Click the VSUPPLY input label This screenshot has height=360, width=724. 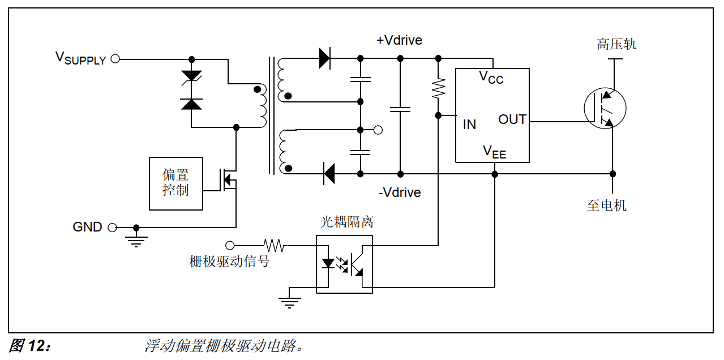pyautogui.click(x=80, y=58)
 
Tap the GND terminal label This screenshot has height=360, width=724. pyautogui.click(x=87, y=227)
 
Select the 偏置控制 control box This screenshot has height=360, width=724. pyautogui.click(x=175, y=183)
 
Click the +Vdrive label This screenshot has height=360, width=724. pyautogui.click(x=399, y=40)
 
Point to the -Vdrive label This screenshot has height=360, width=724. pyautogui.click(x=399, y=192)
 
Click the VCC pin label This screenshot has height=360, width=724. pyautogui.click(x=491, y=77)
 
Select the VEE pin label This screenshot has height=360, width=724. pyautogui.click(x=494, y=152)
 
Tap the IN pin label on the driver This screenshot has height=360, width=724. pyautogui.click(x=469, y=125)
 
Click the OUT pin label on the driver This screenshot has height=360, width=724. pyautogui.click(x=512, y=119)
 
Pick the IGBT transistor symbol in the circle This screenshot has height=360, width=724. pyautogui.click(x=605, y=109)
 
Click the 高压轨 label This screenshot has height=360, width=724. pyautogui.click(x=616, y=44)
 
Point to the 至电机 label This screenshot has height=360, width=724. pyautogui.click(x=607, y=205)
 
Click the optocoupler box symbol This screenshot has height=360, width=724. pyautogui.click(x=344, y=264)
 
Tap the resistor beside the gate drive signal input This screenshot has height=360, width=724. pyautogui.click(x=275, y=245)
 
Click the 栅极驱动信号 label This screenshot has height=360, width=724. pyautogui.click(x=229, y=262)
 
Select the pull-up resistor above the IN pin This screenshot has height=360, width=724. pyautogui.click(x=438, y=88)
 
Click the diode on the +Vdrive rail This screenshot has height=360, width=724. pyautogui.click(x=325, y=58)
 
